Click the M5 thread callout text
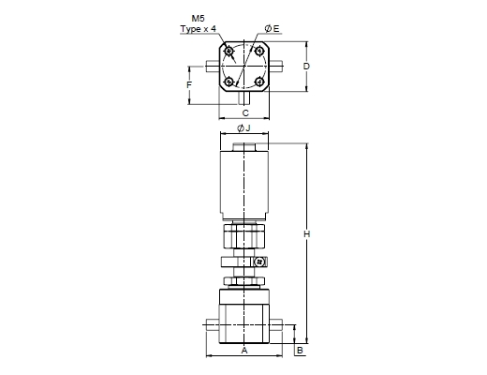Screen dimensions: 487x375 point(198,19)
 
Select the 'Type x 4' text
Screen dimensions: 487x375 point(198,29)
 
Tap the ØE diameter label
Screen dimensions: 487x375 point(273,29)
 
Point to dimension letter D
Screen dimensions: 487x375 point(306,67)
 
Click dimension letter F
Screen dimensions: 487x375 point(189,84)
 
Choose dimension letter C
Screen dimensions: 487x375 point(245,112)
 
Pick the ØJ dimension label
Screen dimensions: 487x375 point(243,128)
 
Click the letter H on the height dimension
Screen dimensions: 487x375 point(307,234)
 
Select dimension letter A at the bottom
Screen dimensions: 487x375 point(244,351)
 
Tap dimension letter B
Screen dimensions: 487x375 point(300,351)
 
